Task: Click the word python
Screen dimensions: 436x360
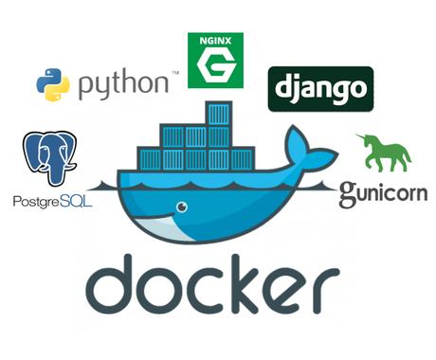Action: coord(123,84)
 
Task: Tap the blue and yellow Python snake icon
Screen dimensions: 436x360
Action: coord(54,84)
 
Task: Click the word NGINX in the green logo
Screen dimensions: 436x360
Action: coord(215,41)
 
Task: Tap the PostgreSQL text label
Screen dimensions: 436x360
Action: coord(52,201)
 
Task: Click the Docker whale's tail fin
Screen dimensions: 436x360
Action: coord(305,148)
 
